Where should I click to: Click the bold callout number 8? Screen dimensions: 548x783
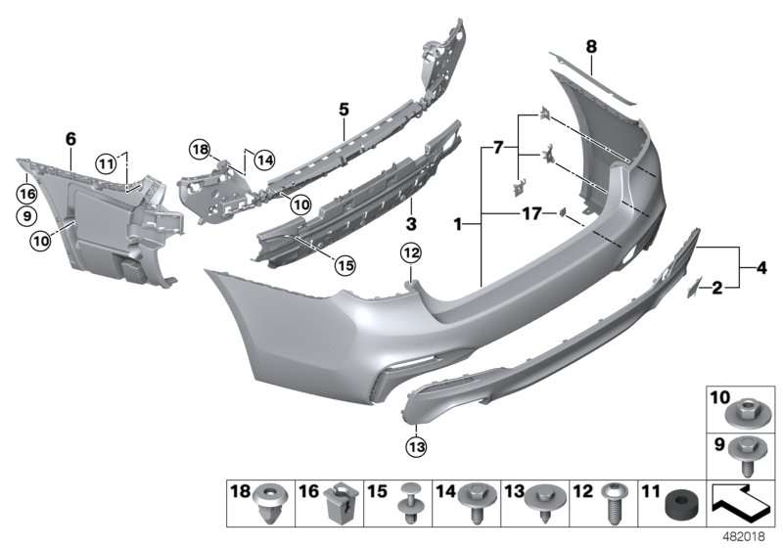pyautogui.click(x=590, y=45)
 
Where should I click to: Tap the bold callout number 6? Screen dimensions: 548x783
pyautogui.click(x=69, y=140)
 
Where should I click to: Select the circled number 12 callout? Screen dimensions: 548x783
pyautogui.click(x=409, y=254)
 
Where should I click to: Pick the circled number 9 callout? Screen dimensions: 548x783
pyautogui.click(x=25, y=214)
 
